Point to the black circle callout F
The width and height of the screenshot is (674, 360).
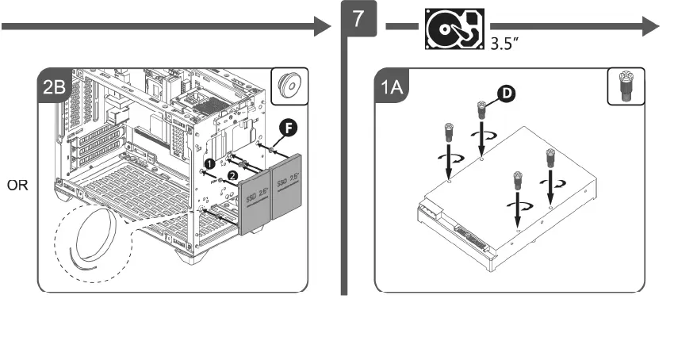point(289,126)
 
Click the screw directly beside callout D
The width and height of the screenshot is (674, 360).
point(481,111)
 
